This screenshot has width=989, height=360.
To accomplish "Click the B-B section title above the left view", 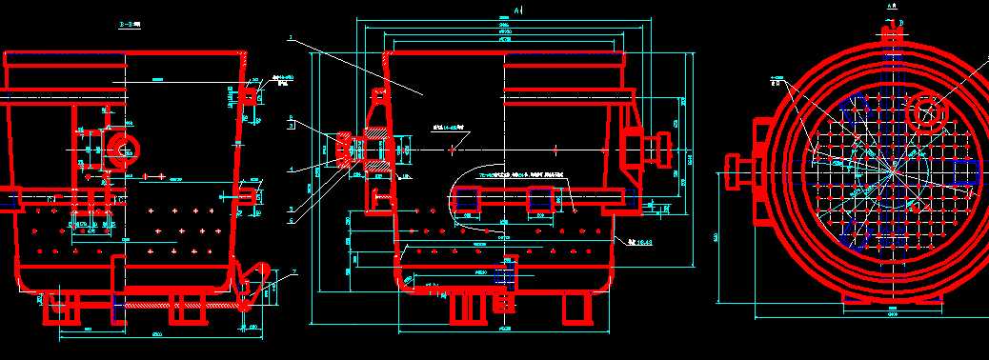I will pos(126,25).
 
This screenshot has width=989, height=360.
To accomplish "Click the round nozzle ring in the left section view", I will pos(122,147).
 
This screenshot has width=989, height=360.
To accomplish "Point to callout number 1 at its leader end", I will pos(290,39).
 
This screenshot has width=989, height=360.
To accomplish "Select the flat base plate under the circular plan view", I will pos(892,297).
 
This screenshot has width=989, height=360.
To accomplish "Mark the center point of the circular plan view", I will pos(892,171).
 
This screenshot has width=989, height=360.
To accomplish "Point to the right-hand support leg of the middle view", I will pos(575,308).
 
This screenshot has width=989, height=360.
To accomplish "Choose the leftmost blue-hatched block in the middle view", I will pos(466,199).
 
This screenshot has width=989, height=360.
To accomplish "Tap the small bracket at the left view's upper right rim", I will pos(252,94).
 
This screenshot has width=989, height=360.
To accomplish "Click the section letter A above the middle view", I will pos(515,10).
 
